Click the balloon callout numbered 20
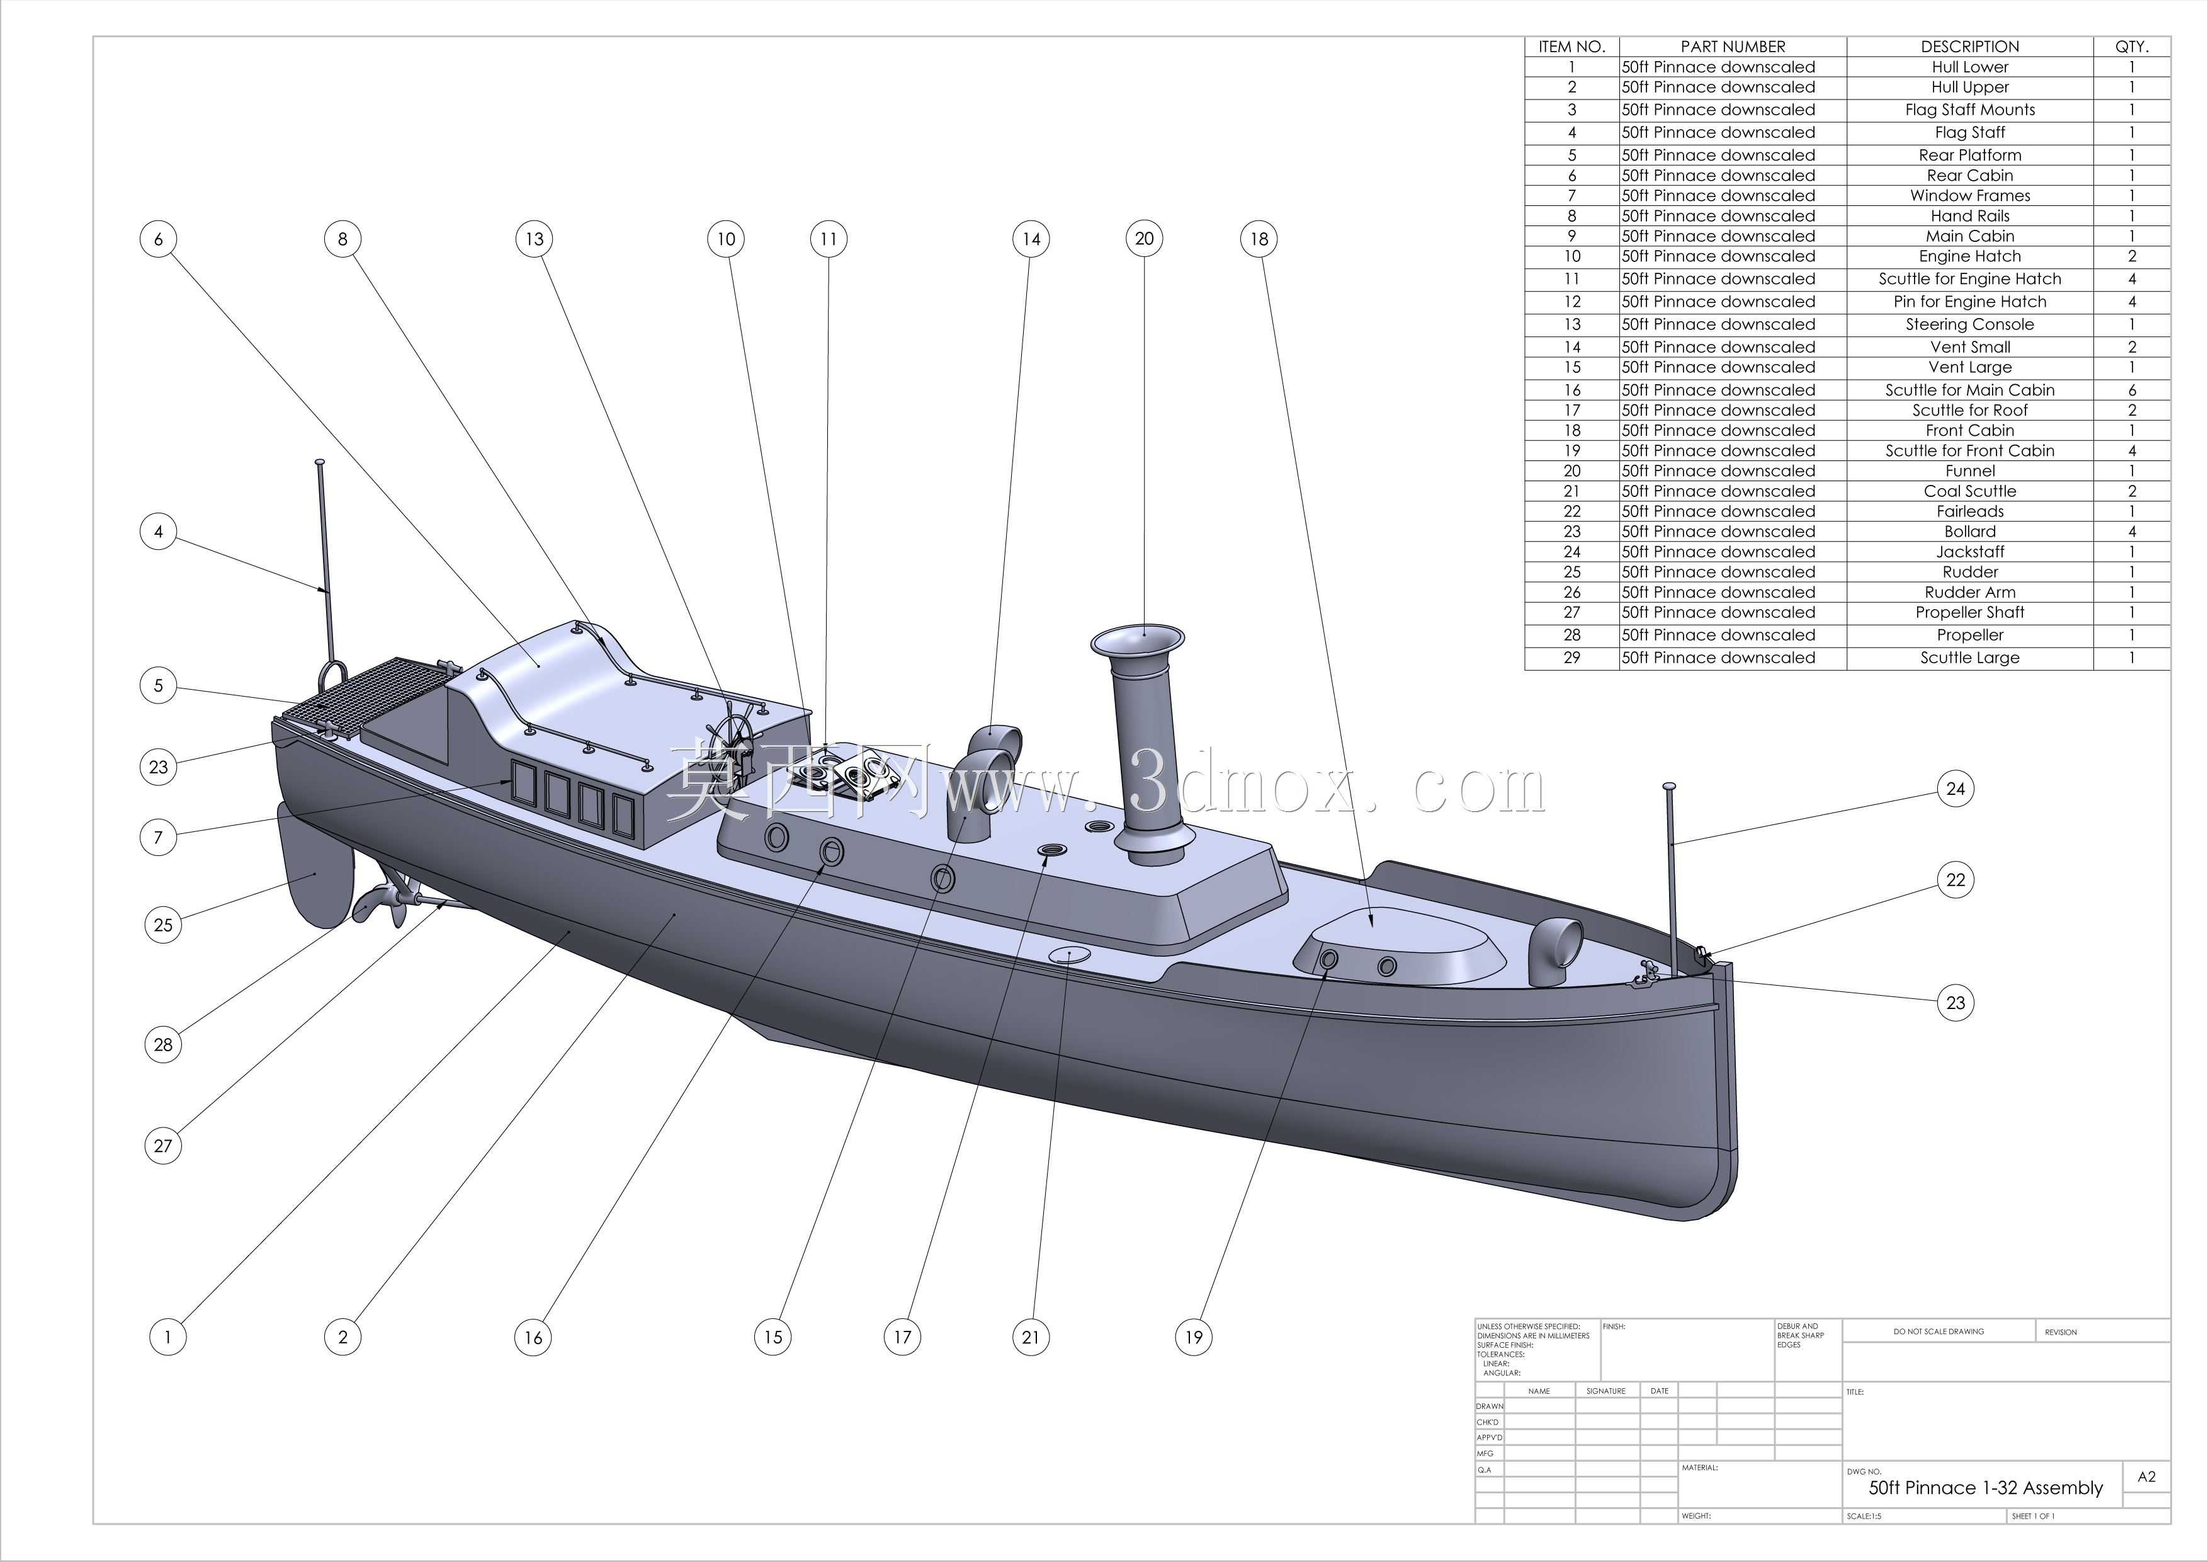coord(1145,239)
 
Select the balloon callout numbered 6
coord(159,239)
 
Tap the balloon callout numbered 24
coord(1955,789)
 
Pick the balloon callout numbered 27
coord(162,1146)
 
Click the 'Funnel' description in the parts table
coord(1969,470)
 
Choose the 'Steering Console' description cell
coord(1969,324)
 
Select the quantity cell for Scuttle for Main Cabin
coord(2131,389)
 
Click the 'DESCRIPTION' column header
coord(1969,46)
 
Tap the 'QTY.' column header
coord(2131,46)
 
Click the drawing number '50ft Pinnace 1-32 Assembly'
coord(1985,1488)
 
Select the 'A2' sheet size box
coord(2146,1476)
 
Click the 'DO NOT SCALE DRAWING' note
coord(1939,1332)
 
